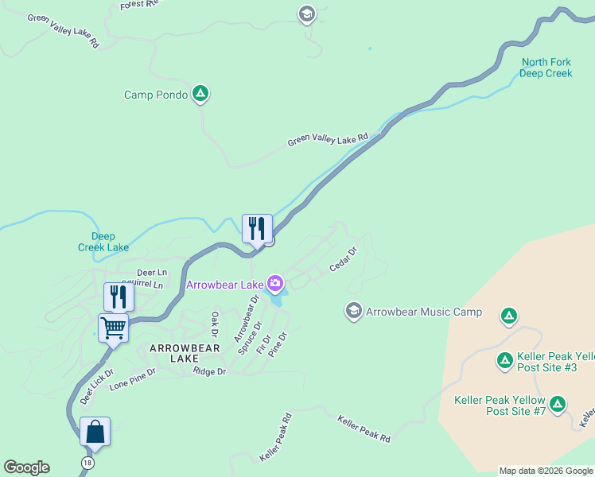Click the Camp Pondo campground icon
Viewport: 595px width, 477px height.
pyautogui.click(x=201, y=95)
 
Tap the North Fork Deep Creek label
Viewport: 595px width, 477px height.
pyautogui.click(x=546, y=68)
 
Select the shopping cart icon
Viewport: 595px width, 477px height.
pyautogui.click(x=113, y=326)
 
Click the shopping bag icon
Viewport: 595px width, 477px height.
pyautogui.click(x=95, y=432)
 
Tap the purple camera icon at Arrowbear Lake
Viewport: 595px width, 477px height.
pyautogui.click(x=275, y=283)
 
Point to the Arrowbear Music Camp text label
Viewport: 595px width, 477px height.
pyautogui.click(x=424, y=312)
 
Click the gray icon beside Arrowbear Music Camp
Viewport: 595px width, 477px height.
pyautogui.click(x=354, y=311)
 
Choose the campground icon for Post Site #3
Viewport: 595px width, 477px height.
pyautogui.click(x=504, y=361)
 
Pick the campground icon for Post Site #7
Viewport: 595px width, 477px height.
pyautogui.click(x=558, y=405)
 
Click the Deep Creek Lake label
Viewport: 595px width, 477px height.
pyautogui.click(x=103, y=242)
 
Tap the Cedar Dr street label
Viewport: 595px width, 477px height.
pyautogui.click(x=344, y=258)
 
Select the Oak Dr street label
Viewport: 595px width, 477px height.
pyautogui.click(x=213, y=324)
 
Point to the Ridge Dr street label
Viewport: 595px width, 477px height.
pyautogui.click(x=210, y=371)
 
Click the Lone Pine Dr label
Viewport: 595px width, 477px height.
pyautogui.click(x=133, y=378)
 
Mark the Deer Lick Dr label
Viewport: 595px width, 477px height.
pyautogui.click(x=96, y=386)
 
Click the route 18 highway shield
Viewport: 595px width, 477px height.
pyautogui.click(x=86, y=462)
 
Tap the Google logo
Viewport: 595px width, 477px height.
pyautogui.click(x=26, y=467)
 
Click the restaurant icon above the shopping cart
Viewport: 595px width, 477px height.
pyautogui.click(x=119, y=296)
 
